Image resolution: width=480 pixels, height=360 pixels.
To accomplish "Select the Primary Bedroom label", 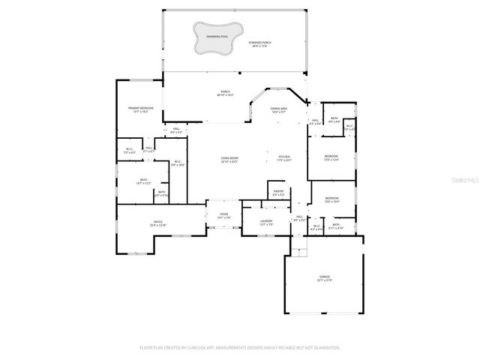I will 140,110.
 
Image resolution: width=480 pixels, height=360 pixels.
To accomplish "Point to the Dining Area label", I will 280,110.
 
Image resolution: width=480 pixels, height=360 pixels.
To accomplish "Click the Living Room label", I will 229,160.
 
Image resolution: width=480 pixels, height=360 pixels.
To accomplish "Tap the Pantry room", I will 277,193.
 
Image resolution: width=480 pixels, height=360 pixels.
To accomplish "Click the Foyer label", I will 223,216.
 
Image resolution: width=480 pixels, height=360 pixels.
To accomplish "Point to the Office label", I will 158,223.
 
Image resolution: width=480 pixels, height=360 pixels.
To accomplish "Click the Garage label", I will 325,278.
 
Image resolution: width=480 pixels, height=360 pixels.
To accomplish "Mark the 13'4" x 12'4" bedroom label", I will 331,158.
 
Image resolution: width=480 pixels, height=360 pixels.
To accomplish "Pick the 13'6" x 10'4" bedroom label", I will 331,199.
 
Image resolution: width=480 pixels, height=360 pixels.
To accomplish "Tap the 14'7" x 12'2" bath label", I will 142,181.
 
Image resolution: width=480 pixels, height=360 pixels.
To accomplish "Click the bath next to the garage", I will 336,226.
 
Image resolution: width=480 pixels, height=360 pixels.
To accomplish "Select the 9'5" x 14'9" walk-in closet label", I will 177,163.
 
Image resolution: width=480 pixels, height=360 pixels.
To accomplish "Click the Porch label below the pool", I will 225,94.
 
